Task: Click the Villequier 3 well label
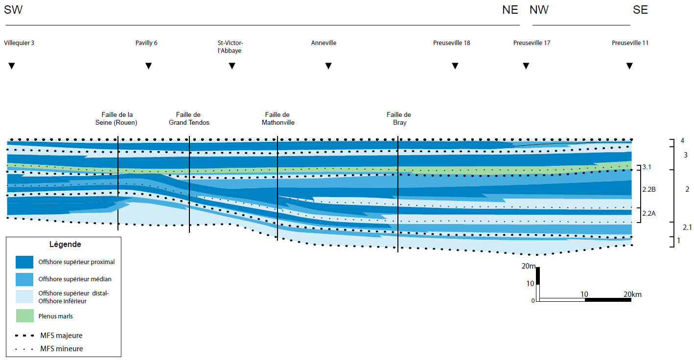(x=19, y=43)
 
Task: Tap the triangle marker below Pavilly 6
(x=149, y=66)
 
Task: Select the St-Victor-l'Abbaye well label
(x=230, y=47)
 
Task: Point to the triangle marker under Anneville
(x=329, y=66)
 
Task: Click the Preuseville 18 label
(x=452, y=43)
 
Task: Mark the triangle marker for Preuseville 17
(x=526, y=66)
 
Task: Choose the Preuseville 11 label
(x=630, y=43)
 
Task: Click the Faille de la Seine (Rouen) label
(x=116, y=119)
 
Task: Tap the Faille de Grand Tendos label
(x=189, y=119)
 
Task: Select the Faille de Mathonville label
(x=278, y=119)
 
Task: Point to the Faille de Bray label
(x=399, y=119)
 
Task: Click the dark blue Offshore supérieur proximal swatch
(x=24, y=262)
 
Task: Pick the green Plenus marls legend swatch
(x=24, y=316)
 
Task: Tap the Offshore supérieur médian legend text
(x=75, y=279)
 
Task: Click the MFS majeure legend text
(x=62, y=336)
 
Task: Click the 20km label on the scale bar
(x=632, y=294)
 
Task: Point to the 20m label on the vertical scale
(x=529, y=267)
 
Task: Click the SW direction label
(x=13, y=10)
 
